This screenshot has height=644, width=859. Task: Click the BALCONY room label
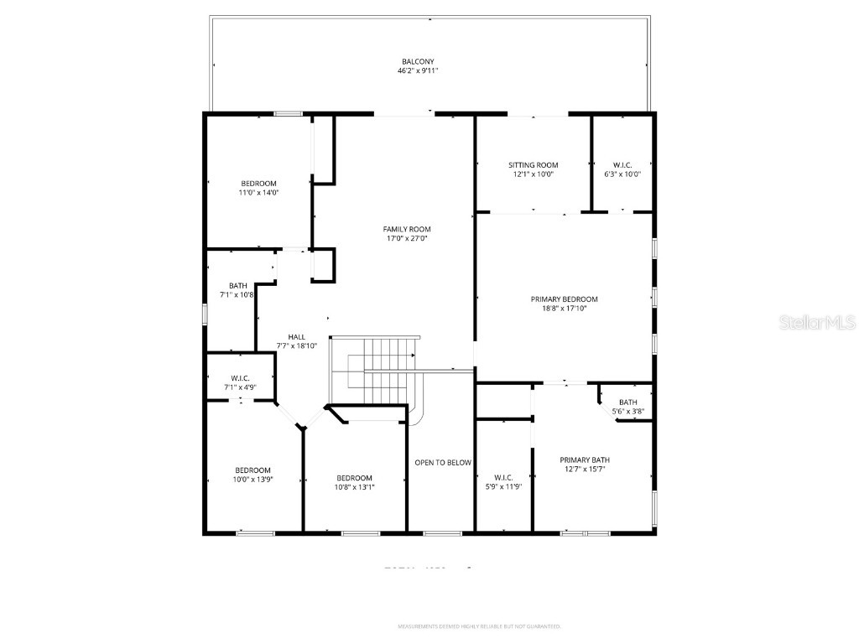(418, 61)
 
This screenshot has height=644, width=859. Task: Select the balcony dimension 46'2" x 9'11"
(418, 71)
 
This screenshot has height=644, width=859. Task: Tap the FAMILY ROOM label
(407, 229)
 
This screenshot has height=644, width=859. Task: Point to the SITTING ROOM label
(533, 165)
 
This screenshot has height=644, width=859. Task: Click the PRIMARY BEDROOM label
(564, 299)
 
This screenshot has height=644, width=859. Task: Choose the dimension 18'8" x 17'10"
(564, 309)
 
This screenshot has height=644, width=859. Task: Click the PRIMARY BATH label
(585, 460)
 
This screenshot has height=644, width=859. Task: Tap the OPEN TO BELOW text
(443, 463)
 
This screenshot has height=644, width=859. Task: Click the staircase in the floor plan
(377, 369)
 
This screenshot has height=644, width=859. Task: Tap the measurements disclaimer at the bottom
(479, 626)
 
